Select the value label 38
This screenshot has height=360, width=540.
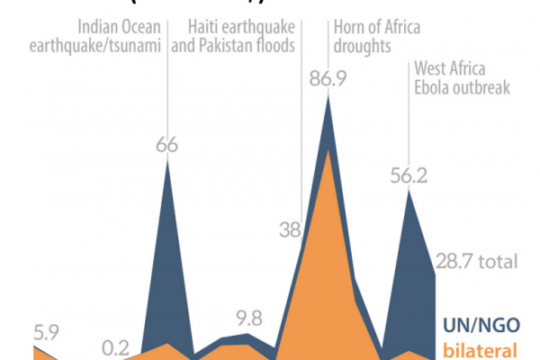tap(290, 230)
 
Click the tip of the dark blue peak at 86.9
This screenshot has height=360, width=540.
tap(328, 94)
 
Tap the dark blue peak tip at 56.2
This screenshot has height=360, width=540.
tap(409, 192)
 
